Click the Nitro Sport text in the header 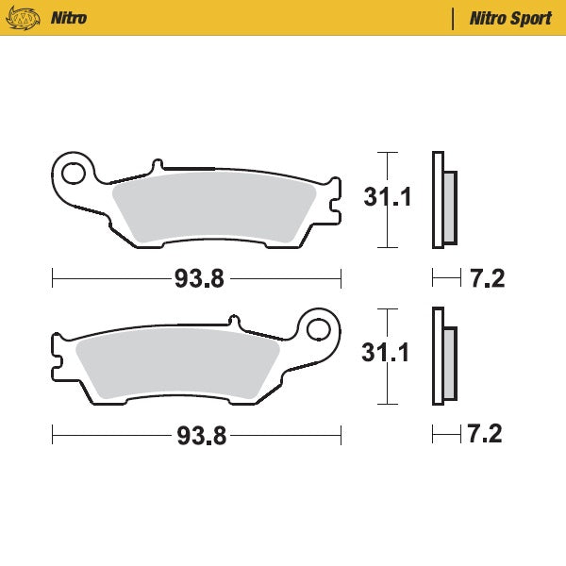(510, 18)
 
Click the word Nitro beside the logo (70, 18)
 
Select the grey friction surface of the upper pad (212, 208)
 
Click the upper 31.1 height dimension (388, 198)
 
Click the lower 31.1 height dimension (387, 354)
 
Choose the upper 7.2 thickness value (487, 278)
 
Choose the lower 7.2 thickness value (484, 434)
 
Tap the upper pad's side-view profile (437, 200)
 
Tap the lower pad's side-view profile (437, 357)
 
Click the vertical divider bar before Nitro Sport (454, 18)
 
